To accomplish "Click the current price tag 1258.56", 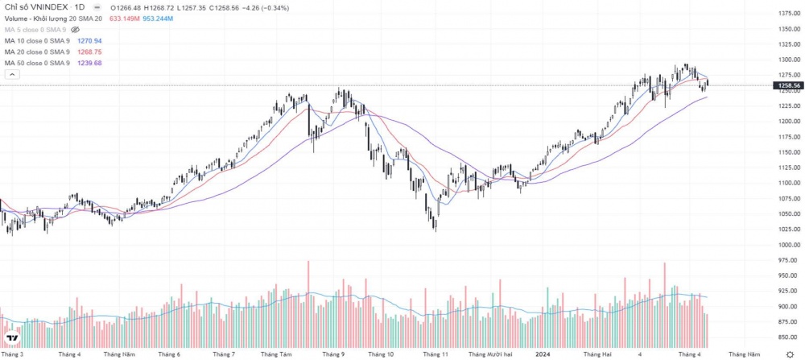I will pos(786,85).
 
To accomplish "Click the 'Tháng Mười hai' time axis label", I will pos(490,354).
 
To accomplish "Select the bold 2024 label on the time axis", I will pos(543,354).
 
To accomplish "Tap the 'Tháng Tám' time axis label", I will pos(276,354).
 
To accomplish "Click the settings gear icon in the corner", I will pos(788,354).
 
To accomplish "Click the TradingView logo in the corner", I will pos(12,338).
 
